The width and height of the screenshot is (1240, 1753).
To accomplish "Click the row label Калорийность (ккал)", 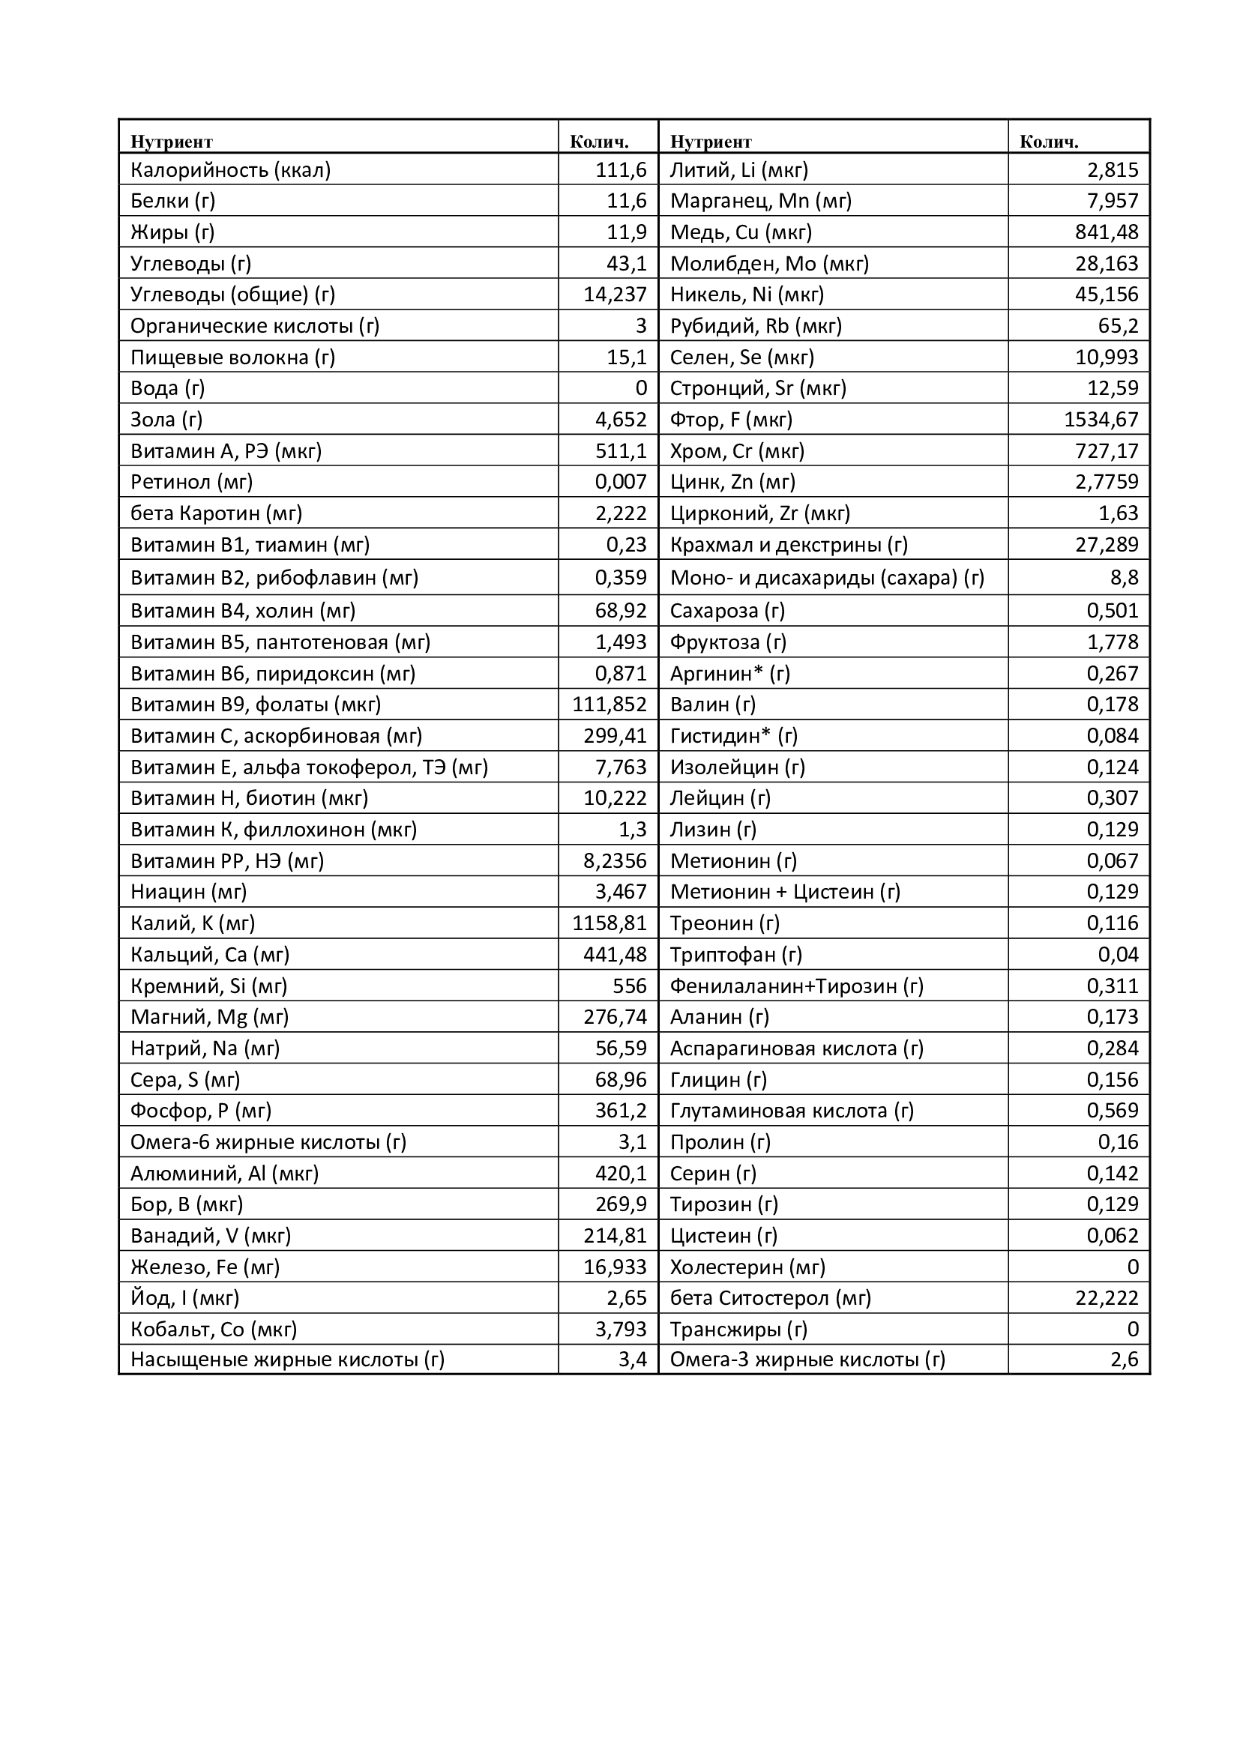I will click(x=231, y=169).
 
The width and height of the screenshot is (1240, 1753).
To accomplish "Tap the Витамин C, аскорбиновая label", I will click(x=277, y=736).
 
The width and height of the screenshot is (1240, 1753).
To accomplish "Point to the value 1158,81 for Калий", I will click(x=610, y=923).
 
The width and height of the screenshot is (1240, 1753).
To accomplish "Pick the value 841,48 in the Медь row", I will click(x=1107, y=232).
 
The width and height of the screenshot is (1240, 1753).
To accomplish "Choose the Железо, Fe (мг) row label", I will click(x=205, y=1267).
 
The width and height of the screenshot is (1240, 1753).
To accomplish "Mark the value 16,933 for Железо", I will click(x=615, y=1267).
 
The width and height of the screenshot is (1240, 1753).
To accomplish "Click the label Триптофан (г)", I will click(x=736, y=954).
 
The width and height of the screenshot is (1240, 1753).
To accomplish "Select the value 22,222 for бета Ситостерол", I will click(x=1107, y=1298).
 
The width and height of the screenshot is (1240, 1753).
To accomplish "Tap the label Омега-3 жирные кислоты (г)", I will click(x=808, y=1360).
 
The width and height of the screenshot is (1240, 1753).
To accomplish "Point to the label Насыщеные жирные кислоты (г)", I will click(x=287, y=1360).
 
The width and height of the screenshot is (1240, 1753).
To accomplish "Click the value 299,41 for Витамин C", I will click(x=615, y=736).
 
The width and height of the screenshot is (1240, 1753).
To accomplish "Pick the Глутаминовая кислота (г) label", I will click(x=792, y=1111).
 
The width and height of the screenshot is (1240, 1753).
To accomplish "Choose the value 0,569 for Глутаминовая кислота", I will click(x=1113, y=1111).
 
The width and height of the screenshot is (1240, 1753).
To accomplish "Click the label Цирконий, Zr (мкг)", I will click(x=759, y=513).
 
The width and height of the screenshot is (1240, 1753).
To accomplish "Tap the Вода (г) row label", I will click(x=168, y=388).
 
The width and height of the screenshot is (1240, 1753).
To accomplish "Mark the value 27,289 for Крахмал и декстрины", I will click(x=1107, y=544).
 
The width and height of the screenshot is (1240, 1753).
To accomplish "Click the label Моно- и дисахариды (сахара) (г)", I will click(x=827, y=578).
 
